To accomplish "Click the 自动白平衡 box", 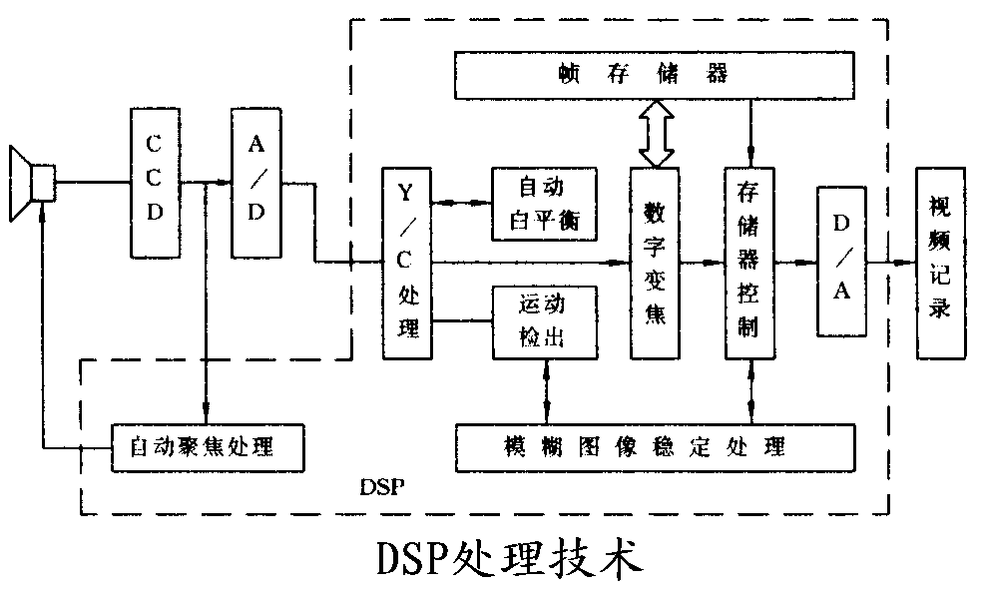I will [543, 204].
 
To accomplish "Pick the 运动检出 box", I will [543, 321].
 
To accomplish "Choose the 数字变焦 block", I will [655, 263].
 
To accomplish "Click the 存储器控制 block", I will [749, 263].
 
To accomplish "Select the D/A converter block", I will [841, 263].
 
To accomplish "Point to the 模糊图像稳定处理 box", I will [655, 446].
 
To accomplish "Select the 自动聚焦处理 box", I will [206, 446].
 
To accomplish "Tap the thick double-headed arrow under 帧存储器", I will [656, 132].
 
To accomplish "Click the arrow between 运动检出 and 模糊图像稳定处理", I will [547, 390].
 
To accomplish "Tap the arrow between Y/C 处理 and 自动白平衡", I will [462, 203].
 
